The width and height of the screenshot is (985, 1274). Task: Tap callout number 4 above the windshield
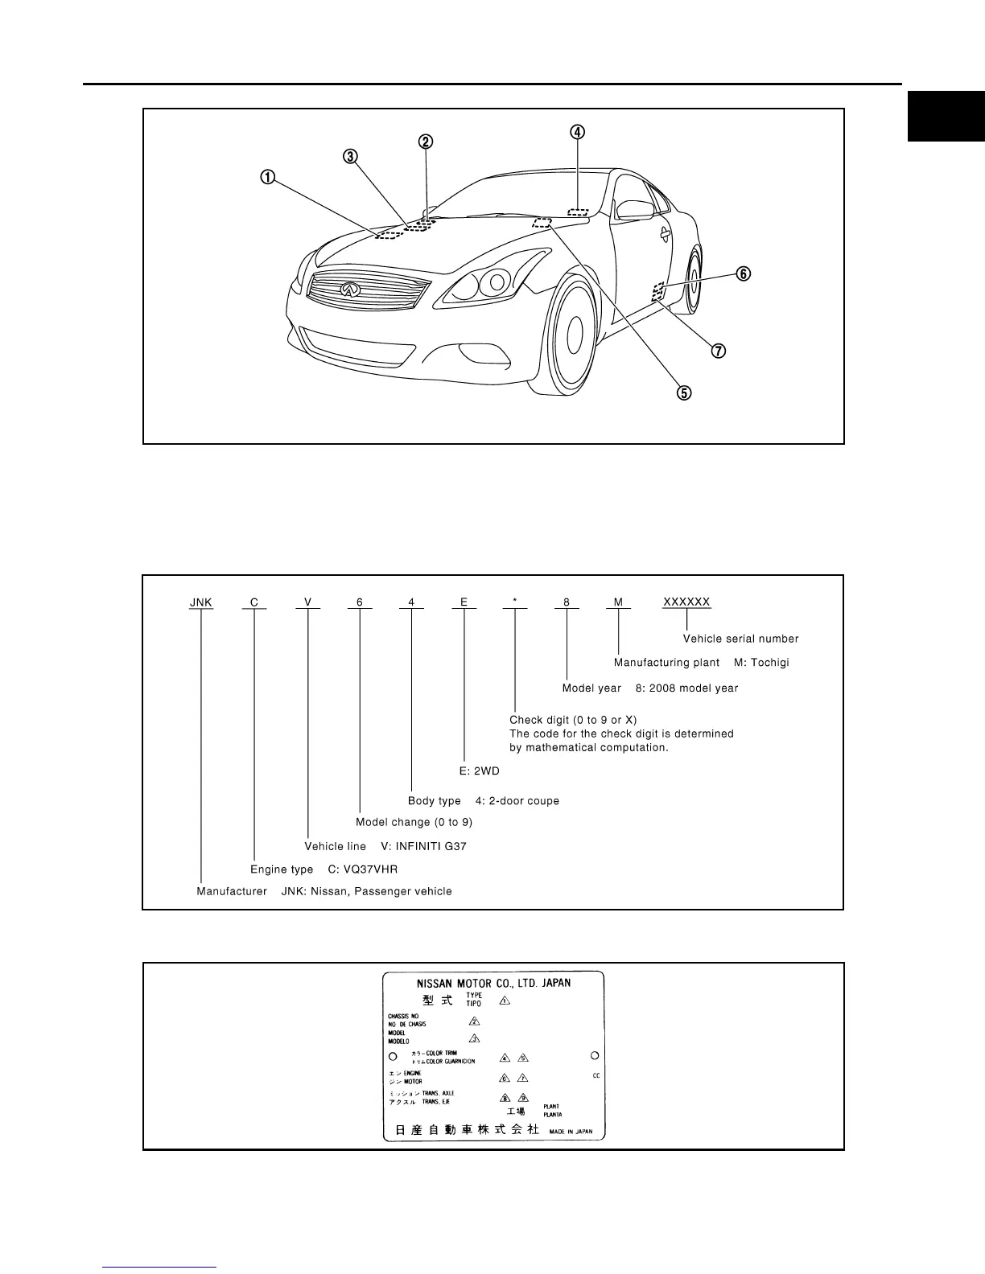(578, 132)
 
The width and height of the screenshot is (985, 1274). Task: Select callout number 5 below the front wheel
(683, 392)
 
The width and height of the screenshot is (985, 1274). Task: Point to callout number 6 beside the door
(743, 274)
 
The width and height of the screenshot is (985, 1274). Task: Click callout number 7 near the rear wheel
(718, 351)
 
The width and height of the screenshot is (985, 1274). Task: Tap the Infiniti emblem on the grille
(349, 290)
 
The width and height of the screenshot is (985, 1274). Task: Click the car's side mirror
(634, 209)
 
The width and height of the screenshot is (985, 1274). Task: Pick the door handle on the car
(666, 234)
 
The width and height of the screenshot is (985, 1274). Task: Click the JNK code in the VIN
(201, 602)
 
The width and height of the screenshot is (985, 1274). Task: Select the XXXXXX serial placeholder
(686, 602)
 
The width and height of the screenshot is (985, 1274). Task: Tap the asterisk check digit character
(515, 602)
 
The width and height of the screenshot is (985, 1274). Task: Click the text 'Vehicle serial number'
(740, 639)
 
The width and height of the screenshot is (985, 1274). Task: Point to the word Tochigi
(769, 663)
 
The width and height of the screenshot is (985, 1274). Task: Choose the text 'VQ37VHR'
(369, 869)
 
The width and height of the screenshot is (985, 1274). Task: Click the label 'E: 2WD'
(480, 771)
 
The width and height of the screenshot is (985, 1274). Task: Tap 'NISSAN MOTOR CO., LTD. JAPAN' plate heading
(493, 983)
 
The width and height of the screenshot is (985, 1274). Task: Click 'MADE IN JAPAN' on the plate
(571, 1131)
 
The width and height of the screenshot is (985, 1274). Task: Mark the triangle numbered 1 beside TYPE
(505, 1001)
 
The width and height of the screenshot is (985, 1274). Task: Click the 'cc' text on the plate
(596, 1075)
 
